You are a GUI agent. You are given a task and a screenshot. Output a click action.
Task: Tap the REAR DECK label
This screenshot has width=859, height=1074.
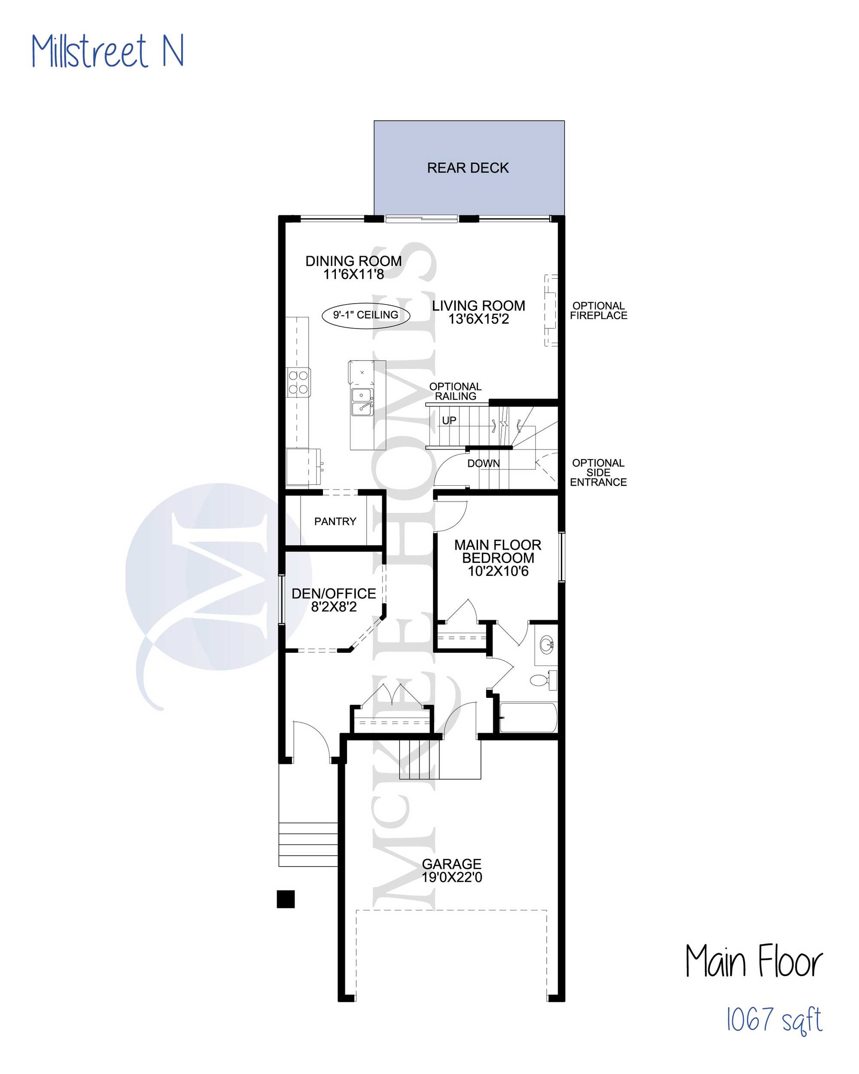point(468,168)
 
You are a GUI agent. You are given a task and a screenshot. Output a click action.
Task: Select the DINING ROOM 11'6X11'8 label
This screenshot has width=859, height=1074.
point(353,268)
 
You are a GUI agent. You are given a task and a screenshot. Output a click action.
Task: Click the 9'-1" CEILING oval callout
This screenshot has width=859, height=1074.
point(366,315)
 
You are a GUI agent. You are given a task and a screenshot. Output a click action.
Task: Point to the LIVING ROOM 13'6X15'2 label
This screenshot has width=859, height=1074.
point(478,312)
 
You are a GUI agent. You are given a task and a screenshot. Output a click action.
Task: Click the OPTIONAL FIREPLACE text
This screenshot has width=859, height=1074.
point(598,310)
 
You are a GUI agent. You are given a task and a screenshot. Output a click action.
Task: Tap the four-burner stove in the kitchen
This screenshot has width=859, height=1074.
point(299,382)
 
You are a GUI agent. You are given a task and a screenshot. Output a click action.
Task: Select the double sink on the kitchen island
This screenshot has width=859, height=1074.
point(362,402)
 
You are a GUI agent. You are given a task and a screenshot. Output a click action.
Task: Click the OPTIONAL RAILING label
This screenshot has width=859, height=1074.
point(455,391)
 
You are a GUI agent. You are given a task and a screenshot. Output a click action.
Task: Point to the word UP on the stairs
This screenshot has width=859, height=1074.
point(449,420)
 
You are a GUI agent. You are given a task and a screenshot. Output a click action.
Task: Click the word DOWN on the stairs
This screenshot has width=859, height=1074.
point(483,463)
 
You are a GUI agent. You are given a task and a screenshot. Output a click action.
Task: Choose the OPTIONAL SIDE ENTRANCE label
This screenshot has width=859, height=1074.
point(598,472)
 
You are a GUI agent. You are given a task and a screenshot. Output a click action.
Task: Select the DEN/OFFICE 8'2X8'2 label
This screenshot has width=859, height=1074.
point(334,600)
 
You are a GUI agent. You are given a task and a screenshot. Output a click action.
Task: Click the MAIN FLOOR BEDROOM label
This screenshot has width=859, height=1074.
point(498,558)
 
